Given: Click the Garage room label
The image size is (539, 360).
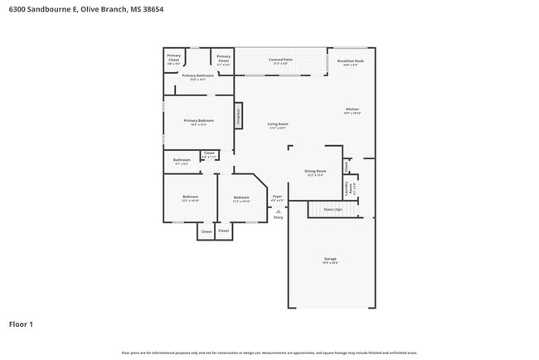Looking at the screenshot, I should point(330,260).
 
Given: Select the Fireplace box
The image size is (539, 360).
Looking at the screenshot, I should point(238,116).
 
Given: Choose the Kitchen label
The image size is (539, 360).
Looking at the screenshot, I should point(352,110).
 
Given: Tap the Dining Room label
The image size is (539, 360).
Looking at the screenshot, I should point(314,173).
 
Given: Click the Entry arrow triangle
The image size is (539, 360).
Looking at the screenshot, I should point(278,211).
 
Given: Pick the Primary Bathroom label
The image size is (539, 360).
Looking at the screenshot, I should point(197,76).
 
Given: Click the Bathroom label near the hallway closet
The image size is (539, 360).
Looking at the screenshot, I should point(182,161).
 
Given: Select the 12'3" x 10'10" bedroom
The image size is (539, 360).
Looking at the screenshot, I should point(189,198).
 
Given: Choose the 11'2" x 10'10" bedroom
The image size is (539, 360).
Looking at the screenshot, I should point(241,198).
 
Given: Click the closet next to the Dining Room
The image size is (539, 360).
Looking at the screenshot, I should point(347,165).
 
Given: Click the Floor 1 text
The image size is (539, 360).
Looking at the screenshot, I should point(21,324).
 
